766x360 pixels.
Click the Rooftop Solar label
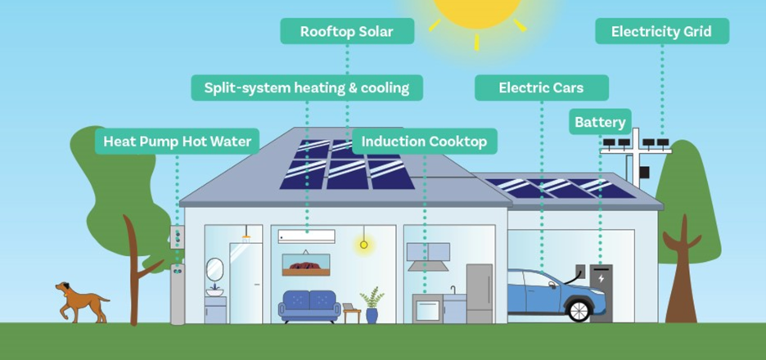pyautogui.click(x=347, y=32)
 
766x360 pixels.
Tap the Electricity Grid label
pyautogui.click(x=661, y=32)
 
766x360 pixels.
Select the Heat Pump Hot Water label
pyautogui.click(x=177, y=141)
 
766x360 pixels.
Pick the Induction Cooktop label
pyautogui.click(x=424, y=142)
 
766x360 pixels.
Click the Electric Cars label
pyautogui.click(x=541, y=88)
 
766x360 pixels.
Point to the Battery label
pyautogui.click(x=600, y=123)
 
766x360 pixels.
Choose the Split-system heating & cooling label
pyautogui.click(x=307, y=88)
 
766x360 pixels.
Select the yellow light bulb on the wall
pyautogui.click(x=363, y=243)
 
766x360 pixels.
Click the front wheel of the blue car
pyautogui.click(x=579, y=309)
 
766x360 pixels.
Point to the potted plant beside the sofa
pyautogui.click(x=372, y=304)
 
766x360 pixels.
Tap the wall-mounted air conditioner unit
pyautogui.click(x=306, y=236)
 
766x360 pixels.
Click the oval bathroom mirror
pyautogui.click(x=214, y=269)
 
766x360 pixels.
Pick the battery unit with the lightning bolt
pyautogui.click(x=602, y=291)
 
